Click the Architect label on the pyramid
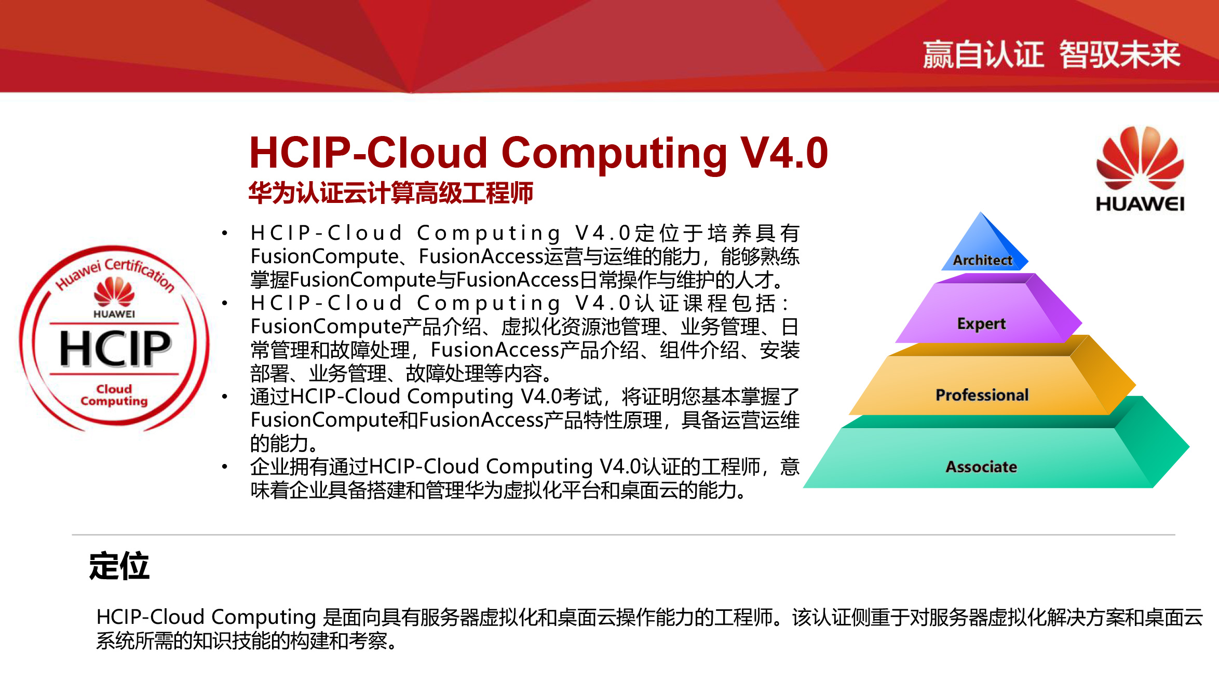click(982, 260)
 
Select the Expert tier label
click(981, 324)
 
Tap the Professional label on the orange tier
click(982, 395)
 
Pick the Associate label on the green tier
click(981, 467)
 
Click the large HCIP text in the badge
click(115, 348)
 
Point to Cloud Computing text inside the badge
click(114, 395)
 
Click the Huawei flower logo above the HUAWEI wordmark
click(1140, 158)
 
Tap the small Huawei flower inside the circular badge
click(114, 291)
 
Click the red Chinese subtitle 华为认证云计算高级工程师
click(390, 193)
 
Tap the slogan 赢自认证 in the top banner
click(983, 54)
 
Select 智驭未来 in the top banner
click(1120, 54)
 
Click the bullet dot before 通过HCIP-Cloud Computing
click(224, 397)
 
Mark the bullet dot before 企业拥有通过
click(224, 467)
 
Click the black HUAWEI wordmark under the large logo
click(1140, 204)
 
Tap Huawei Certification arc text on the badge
click(115, 272)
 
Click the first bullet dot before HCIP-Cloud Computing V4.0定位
click(224, 233)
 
